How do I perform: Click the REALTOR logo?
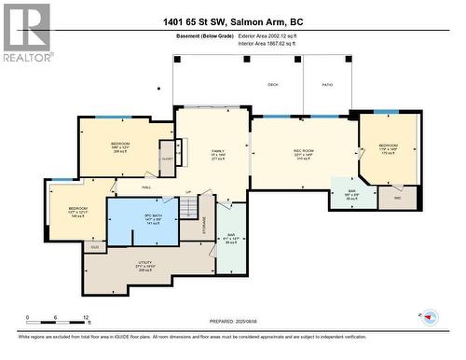(x=26, y=33)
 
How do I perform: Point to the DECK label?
(x=273, y=84)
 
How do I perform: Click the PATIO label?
(x=327, y=84)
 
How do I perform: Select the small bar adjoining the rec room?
(x=353, y=194)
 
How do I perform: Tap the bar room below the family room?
(x=233, y=238)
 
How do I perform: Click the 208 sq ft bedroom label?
(x=120, y=146)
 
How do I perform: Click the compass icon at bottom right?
(x=430, y=318)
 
